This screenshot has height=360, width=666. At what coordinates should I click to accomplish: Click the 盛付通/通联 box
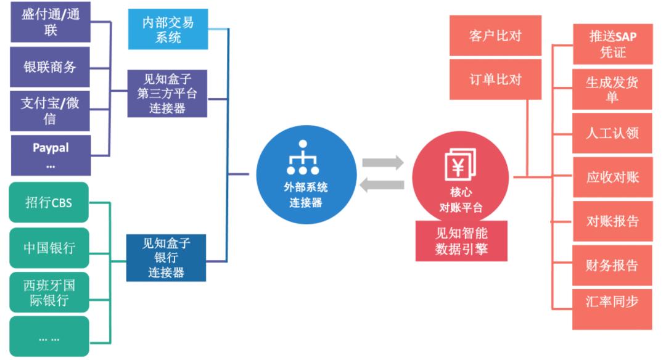pyautogui.click(x=51, y=22)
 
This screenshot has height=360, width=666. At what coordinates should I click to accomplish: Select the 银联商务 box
pyautogui.click(x=51, y=67)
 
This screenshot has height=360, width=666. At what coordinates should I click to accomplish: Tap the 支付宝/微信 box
pyautogui.click(x=51, y=110)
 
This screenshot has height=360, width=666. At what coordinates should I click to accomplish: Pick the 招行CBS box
pyautogui.click(x=49, y=202)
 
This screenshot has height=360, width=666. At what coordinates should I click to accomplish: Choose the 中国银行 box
pyautogui.click(x=49, y=248)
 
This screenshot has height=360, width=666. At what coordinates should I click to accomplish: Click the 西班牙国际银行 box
pyautogui.click(x=49, y=292)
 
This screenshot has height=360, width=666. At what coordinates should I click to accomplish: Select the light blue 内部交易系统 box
pyautogui.click(x=168, y=30)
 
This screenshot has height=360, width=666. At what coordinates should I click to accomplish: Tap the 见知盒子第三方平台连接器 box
pyautogui.click(x=167, y=93)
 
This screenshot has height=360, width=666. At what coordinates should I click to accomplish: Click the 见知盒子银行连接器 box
pyautogui.click(x=166, y=258)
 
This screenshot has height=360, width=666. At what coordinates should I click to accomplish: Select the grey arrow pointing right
pyautogui.click(x=383, y=163)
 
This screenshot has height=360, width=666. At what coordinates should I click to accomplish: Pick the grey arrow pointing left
pyautogui.click(x=383, y=184)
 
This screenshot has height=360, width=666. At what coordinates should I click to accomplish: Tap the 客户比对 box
pyautogui.click(x=495, y=36)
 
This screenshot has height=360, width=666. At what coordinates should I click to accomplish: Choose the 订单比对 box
pyautogui.click(x=495, y=79)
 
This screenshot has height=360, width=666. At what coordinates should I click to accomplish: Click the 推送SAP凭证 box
pyautogui.click(x=612, y=44)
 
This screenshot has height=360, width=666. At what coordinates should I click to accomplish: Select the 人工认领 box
pyautogui.click(x=612, y=133)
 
